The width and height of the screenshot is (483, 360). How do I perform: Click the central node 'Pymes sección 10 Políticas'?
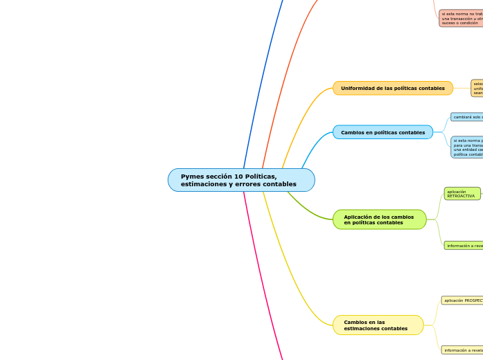241,180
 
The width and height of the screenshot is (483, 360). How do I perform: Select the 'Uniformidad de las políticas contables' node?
392,88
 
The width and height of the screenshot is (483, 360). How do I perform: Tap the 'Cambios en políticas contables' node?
383,132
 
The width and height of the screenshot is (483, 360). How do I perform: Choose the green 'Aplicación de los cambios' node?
379,219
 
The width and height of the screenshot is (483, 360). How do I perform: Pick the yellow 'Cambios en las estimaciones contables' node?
378,325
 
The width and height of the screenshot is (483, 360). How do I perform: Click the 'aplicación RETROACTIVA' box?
462,194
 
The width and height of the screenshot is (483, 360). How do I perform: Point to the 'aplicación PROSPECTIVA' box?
463,300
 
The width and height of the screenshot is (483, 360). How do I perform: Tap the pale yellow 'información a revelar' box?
462,350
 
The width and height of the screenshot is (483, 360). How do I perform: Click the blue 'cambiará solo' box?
466,117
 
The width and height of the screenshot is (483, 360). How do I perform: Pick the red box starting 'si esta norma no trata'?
461,18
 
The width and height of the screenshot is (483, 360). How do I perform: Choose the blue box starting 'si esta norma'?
466,147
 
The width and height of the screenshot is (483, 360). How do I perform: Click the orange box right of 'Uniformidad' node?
477,88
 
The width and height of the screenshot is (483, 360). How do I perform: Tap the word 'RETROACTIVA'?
461,197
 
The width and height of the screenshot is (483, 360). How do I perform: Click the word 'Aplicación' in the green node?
358,217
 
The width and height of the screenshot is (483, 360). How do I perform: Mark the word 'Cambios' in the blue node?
353,132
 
